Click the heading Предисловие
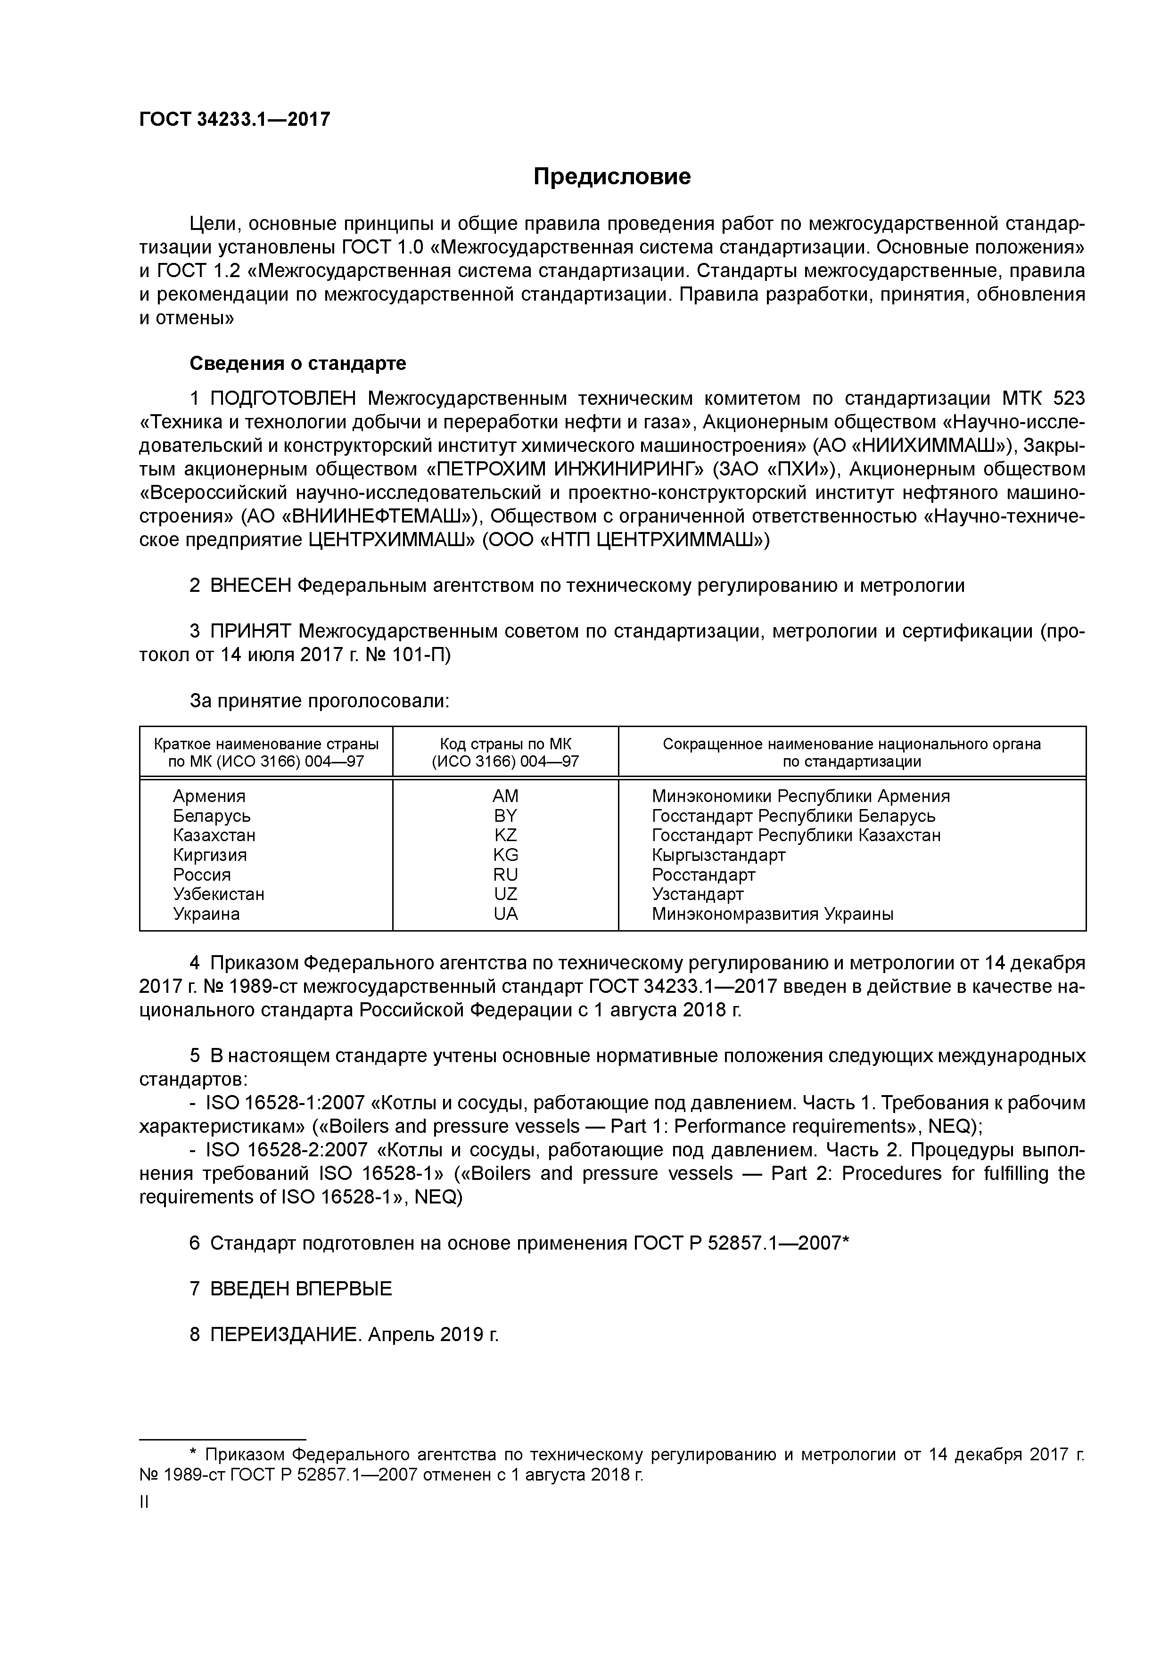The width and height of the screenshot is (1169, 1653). (x=611, y=176)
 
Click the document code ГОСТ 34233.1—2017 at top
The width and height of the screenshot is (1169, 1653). (x=234, y=119)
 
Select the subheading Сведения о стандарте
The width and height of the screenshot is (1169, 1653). (x=297, y=364)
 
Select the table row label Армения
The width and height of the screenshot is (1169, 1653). (x=209, y=795)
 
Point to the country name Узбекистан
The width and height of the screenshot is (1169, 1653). (x=218, y=894)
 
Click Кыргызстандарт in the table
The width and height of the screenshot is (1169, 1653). (x=718, y=855)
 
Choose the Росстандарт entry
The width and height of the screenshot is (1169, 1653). (x=703, y=875)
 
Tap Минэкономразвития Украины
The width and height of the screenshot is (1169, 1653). (x=772, y=914)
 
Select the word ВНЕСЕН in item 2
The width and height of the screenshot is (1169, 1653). (x=250, y=585)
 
